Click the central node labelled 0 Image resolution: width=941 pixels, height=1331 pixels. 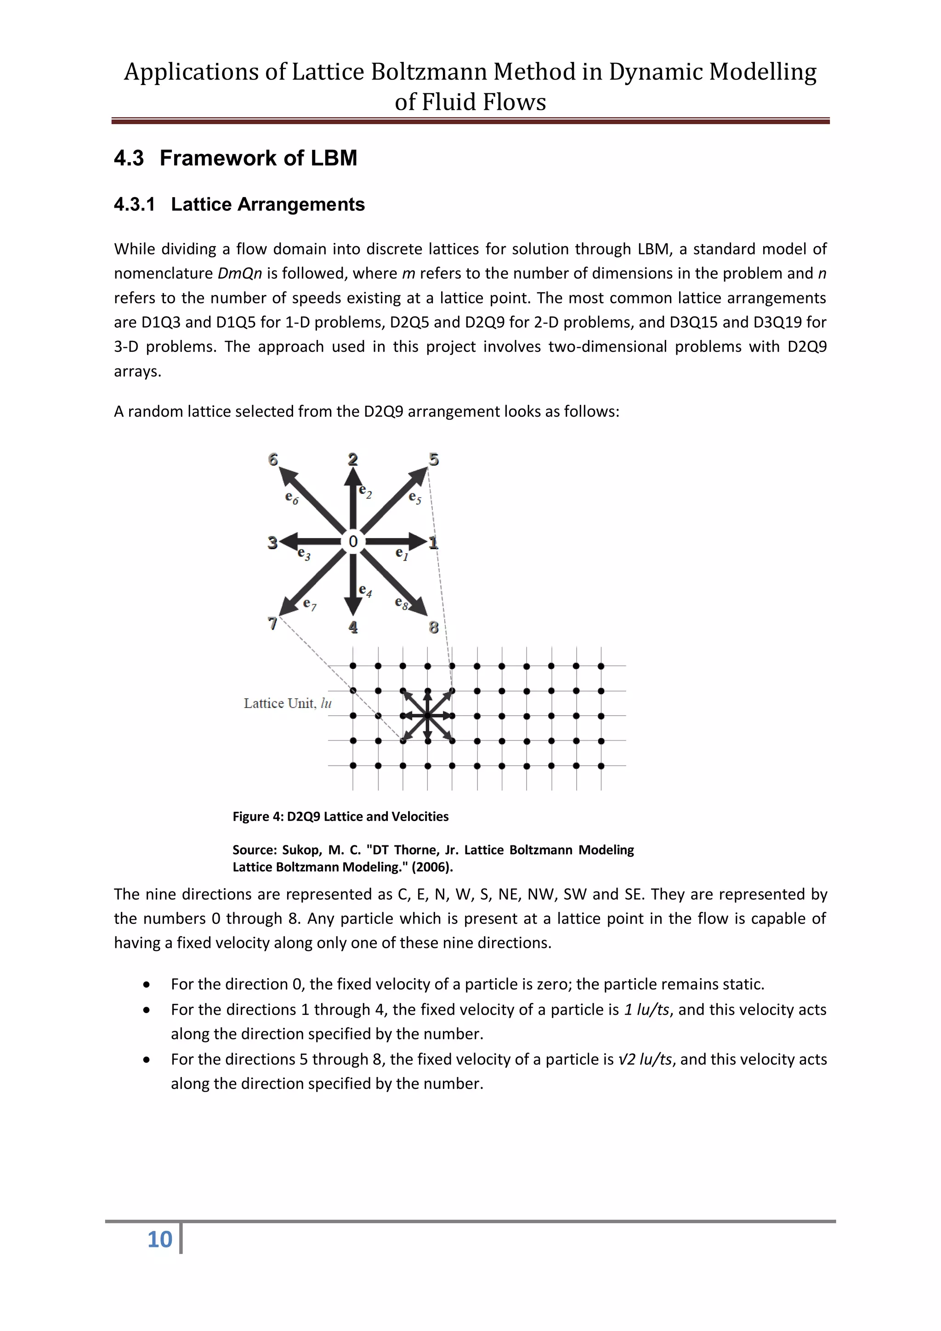coord(352,541)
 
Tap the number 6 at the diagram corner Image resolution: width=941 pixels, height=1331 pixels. coord(273,460)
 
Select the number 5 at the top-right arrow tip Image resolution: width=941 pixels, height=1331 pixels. coord(434,460)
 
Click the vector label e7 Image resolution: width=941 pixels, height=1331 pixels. coord(310,604)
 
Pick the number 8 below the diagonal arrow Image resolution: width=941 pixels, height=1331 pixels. coord(434,627)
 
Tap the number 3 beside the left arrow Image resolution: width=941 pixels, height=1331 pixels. coord(272,543)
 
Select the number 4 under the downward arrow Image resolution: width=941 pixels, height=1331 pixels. coord(353,627)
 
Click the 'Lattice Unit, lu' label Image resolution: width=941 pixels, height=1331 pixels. coord(288,703)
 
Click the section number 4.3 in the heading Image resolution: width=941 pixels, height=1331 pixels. coord(129,158)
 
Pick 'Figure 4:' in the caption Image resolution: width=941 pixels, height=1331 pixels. coord(258,816)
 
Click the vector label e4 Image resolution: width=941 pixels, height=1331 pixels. coord(365,591)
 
